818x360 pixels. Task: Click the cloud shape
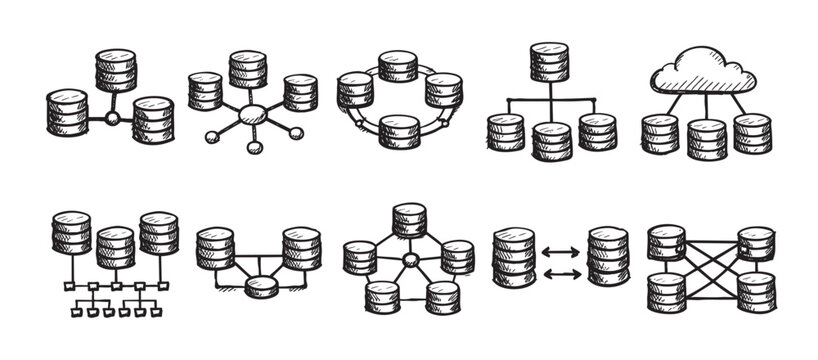point(704,70)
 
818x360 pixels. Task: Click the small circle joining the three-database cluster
point(113,119)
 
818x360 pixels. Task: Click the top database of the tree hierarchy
point(549,62)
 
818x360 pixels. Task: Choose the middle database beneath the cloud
point(706,140)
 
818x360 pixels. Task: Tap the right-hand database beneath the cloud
point(752,133)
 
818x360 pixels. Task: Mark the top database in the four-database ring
point(398,66)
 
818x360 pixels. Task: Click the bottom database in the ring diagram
point(399,131)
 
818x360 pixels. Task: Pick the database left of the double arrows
point(514,257)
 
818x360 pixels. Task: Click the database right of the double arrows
point(607,257)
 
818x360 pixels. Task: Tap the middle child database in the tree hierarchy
point(552,140)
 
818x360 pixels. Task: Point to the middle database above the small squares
point(115,247)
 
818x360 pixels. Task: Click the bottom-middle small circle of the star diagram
point(254,147)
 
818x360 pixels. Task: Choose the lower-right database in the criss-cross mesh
point(756,291)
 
